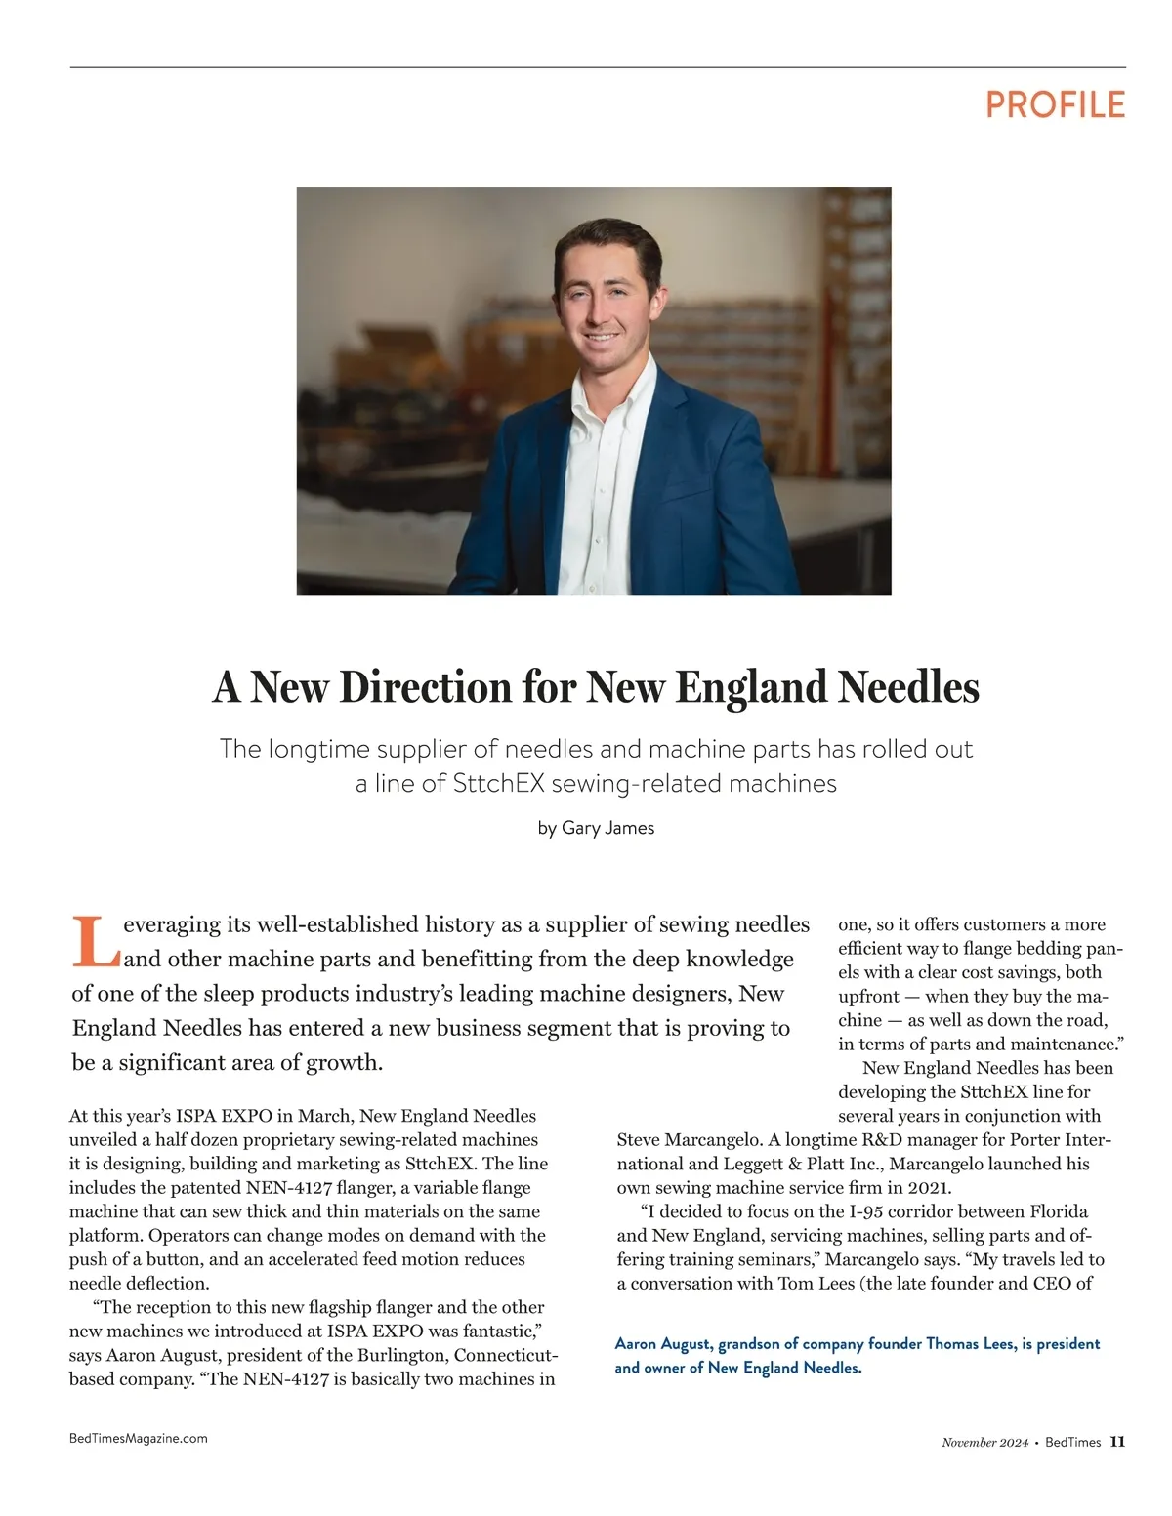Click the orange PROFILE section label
1055,104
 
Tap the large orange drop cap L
96,941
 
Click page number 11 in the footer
1117,1442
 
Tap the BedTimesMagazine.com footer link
139,1438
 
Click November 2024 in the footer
984,1443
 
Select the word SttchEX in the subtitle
498,784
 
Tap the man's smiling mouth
601,338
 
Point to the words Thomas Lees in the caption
969,1344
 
